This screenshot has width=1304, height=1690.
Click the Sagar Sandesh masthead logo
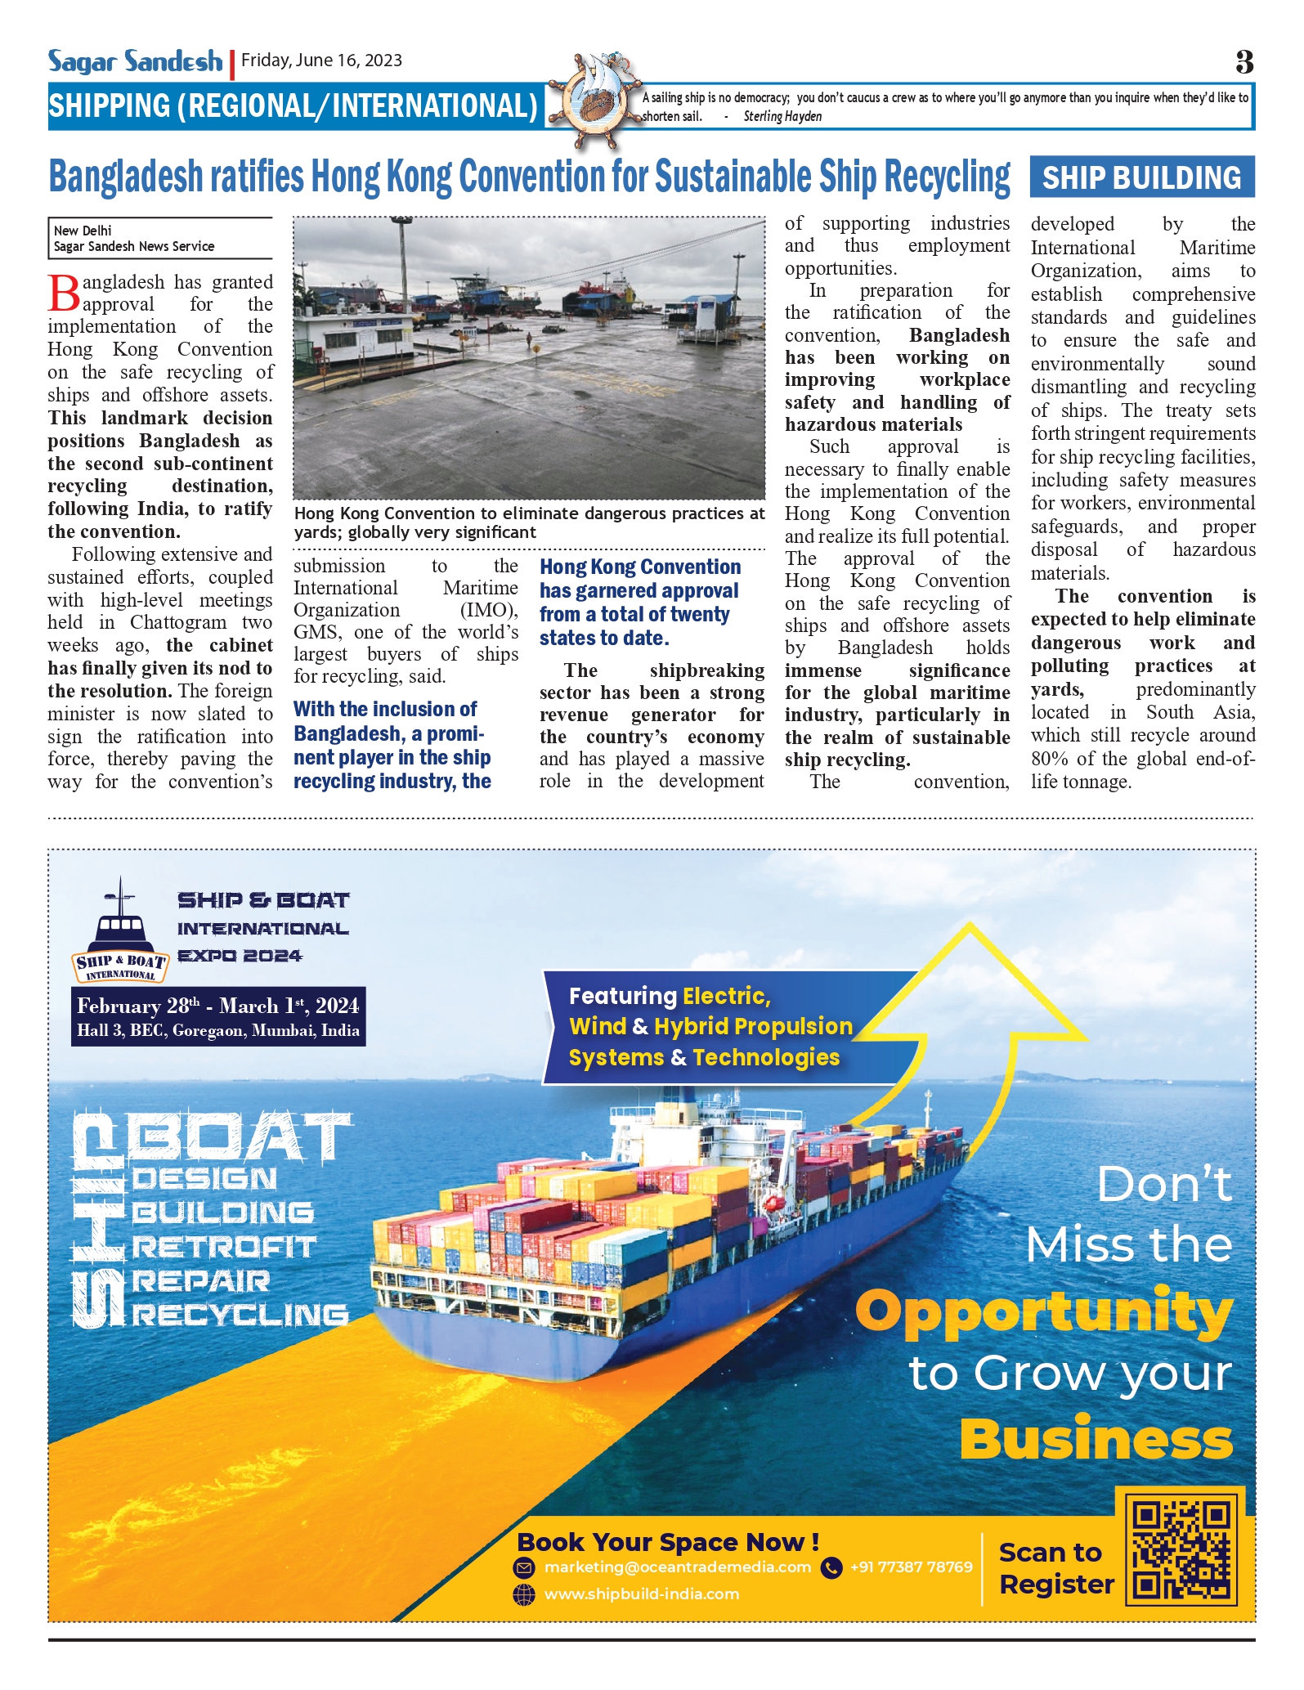[135, 61]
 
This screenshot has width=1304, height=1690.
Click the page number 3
[1244, 62]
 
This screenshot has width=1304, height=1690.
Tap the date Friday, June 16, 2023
[321, 61]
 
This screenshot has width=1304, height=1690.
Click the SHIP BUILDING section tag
[1141, 177]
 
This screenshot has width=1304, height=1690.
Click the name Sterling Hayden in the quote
[782, 116]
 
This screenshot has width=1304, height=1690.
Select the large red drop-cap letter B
[65, 294]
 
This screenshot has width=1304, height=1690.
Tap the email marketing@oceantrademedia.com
[677, 1567]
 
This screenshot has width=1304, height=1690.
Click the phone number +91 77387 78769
[911, 1567]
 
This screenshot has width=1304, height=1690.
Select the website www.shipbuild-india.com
[641, 1594]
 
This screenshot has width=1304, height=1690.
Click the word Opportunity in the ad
[1044, 1311]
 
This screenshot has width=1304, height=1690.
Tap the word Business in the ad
[1096, 1439]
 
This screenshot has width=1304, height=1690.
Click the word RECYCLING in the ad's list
[240, 1315]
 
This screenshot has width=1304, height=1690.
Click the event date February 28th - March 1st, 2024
[217, 1006]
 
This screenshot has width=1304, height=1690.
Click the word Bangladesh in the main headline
[125, 177]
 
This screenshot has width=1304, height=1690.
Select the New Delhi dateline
[83, 231]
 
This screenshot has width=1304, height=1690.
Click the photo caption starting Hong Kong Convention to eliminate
[529, 522]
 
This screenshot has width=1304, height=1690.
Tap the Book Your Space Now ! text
[668, 1542]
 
